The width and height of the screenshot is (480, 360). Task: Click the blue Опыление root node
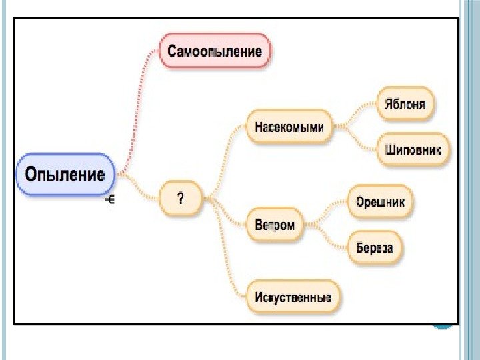coord(65,175)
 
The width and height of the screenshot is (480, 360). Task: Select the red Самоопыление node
coord(215,50)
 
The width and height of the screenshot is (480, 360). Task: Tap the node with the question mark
coord(180,198)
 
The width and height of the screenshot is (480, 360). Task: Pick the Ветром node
coord(274,225)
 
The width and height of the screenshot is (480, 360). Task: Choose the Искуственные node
coord(293,296)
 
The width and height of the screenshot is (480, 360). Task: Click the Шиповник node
coord(413,149)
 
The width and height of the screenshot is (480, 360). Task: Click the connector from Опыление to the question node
coord(139,188)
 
